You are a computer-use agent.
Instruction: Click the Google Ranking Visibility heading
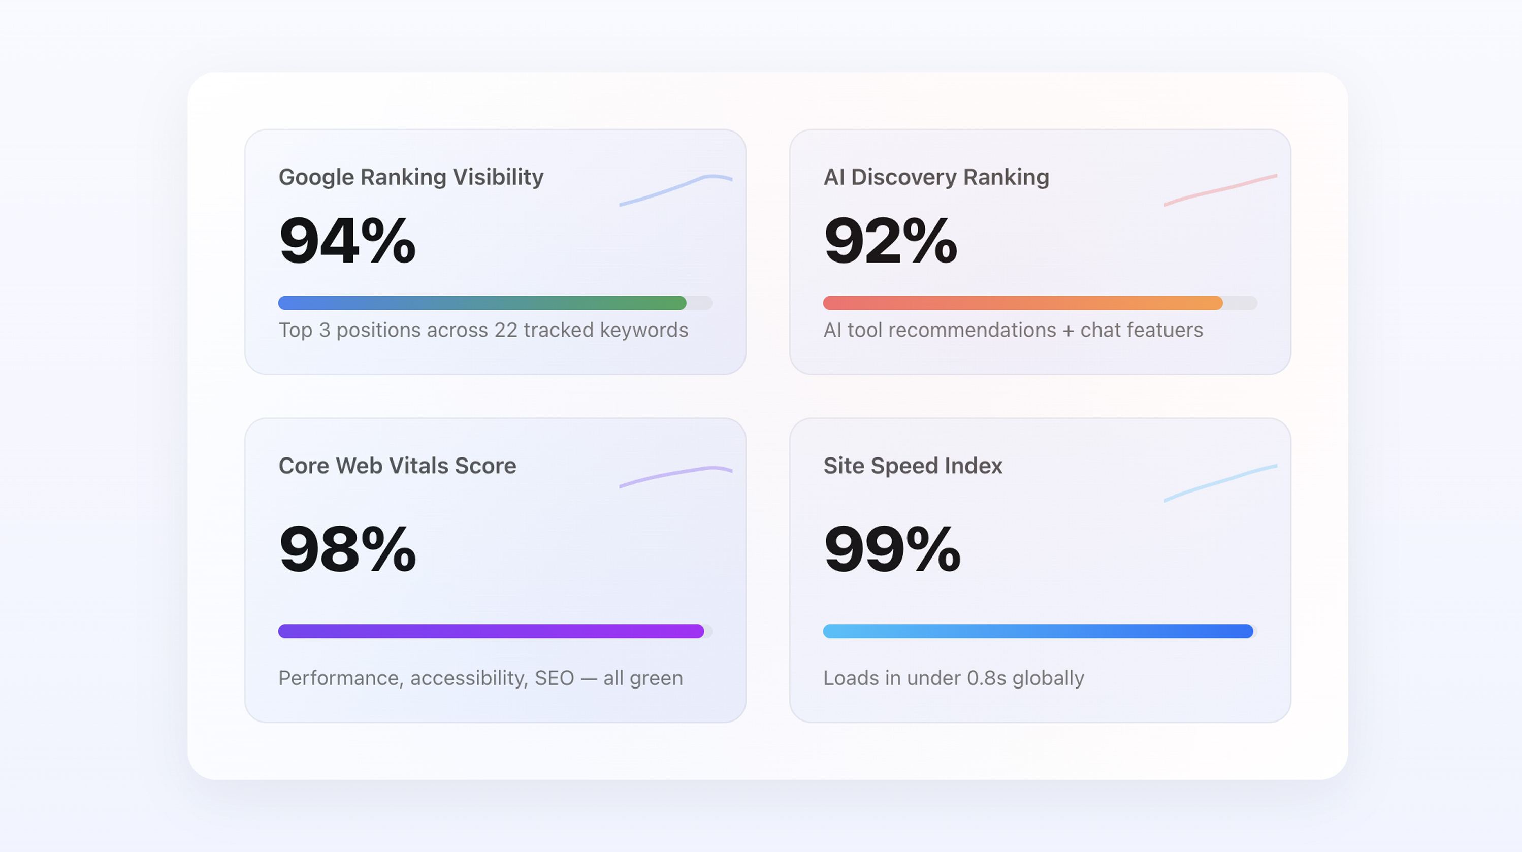(411, 177)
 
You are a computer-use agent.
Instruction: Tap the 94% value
(347, 241)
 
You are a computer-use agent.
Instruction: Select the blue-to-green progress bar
(482, 303)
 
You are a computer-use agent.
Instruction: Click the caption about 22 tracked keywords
(483, 330)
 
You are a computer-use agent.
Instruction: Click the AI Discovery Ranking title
(936, 177)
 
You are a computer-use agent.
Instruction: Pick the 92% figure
(890, 241)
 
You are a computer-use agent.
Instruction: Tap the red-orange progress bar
(1022, 303)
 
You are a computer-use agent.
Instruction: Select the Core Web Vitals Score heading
(397, 466)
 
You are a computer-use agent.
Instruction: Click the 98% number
(347, 549)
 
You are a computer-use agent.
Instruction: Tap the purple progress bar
(491, 631)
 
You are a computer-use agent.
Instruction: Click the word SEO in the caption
(554, 678)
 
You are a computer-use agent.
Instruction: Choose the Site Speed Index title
(913, 466)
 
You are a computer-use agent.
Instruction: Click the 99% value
(892, 549)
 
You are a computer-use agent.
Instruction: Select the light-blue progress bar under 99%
(1038, 631)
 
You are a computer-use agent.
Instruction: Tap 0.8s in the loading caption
(986, 678)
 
